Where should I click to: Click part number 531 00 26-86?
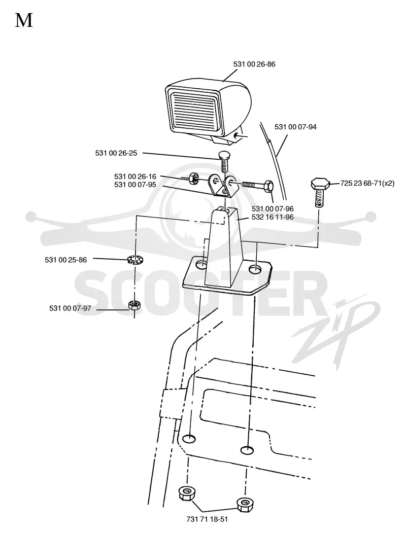coord(254,64)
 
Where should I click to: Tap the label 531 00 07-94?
coord(295,127)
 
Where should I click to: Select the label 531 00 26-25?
coord(116,153)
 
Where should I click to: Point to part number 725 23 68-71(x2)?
coord(367,183)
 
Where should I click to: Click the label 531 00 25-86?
coord(65,260)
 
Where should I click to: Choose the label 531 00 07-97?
coord(70,308)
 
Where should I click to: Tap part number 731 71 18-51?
coord(207,519)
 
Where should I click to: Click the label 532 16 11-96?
coord(273,217)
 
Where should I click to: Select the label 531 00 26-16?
coord(135,176)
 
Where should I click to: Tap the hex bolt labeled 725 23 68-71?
coord(320,192)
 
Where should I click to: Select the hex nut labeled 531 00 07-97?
coord(134,305)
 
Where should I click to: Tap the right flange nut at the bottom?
coord(245,504)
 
